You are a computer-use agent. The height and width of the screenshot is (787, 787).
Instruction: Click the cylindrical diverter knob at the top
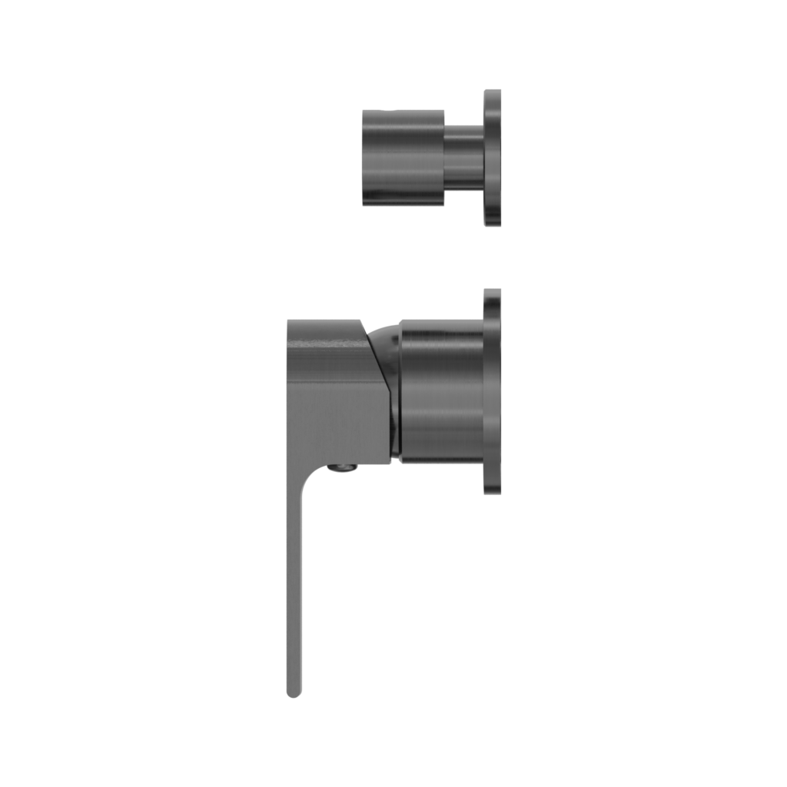(x=403, y=158)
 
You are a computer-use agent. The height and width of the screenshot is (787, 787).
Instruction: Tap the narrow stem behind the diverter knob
(x=463, y=157)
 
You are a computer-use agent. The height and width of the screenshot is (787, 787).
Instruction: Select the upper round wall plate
(x=493, y=158)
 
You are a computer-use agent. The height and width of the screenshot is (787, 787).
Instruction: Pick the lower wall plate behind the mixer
(x=493, y=392)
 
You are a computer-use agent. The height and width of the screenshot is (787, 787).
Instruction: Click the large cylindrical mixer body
(x=442, y=392)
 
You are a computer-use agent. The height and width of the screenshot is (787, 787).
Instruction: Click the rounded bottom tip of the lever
(x=294, y=692)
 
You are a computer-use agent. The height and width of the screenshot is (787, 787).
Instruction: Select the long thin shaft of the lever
(x=295, y=584)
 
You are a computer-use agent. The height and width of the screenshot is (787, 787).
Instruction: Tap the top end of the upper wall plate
(x=493, y=92)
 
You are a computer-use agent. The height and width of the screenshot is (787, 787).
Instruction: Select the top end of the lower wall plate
(x=493, y=292)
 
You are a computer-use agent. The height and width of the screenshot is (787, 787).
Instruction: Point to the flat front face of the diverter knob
(x=364, y=158)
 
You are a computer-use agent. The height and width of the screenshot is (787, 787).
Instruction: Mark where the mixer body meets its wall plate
(x=483, y=392)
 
